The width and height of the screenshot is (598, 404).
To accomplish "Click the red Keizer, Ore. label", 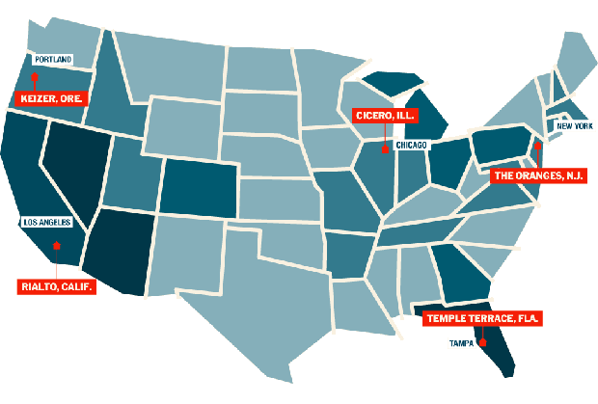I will coord(51,98).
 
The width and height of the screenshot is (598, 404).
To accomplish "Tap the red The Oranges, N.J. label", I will coord(538,175).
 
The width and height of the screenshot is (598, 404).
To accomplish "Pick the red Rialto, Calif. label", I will coord(58,286).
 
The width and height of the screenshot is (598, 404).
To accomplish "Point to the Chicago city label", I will coord(411,144).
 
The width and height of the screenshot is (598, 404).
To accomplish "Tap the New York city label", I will coord(574,125).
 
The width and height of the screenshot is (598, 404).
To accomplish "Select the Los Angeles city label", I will coord(46,222).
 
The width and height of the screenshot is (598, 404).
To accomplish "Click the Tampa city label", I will coord(462,342).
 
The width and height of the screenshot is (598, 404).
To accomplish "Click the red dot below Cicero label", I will coord(384,149).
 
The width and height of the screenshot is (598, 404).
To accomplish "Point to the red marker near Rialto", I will coord(57,247).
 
